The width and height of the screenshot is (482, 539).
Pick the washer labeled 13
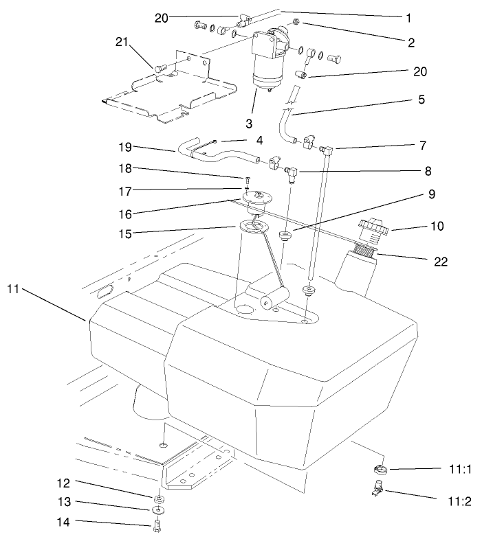pos(158,510)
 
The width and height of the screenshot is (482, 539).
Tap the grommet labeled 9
pos(283,237)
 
